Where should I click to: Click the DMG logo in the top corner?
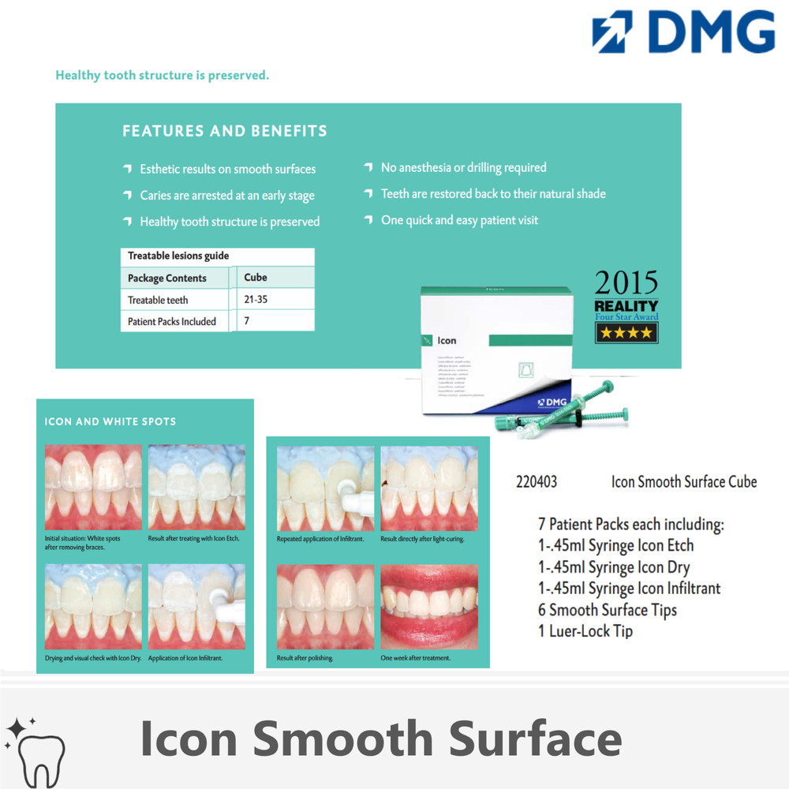(683, 32)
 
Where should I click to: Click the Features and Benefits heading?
(225, 131)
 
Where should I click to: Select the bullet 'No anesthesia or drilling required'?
(463, 167)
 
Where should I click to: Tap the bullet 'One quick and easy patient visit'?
(459, 220)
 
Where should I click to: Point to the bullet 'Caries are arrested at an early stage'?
(226, 196)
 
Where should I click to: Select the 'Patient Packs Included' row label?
(171, 321)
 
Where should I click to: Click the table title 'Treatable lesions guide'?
(178, 256)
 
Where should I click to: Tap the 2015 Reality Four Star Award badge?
(626, 307)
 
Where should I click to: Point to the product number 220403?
(537, 481)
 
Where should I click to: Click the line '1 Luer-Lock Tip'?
(585, 631)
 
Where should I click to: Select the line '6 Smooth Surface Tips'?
(607, 610)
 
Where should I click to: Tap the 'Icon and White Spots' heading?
(110, 421)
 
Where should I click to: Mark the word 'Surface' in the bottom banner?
(524, 739)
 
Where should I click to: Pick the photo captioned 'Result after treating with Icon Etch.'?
(196, 487)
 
